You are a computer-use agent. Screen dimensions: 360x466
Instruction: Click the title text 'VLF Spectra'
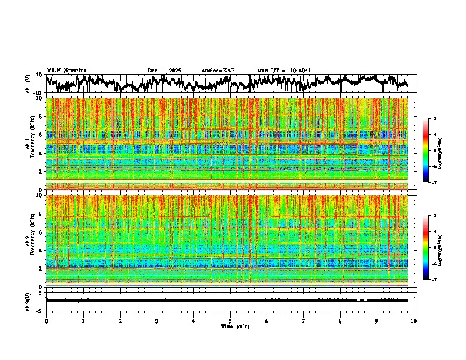point(66,71)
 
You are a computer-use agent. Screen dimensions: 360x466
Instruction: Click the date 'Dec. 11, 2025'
point(164,71)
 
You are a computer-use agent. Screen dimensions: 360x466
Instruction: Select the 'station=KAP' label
point(218,71)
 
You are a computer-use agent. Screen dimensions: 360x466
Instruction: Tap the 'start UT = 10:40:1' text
point(284,71)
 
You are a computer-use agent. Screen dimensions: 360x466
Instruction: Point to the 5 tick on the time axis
point(230,321)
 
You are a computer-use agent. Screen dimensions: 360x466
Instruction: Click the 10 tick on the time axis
point(414,321)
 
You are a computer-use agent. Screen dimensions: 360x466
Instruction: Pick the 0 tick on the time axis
point(46,321)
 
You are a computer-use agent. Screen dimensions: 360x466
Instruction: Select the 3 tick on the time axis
point(157,321)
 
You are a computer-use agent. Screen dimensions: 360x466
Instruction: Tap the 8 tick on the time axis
point(340,321)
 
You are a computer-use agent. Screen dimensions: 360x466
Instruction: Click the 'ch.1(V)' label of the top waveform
point(28,84)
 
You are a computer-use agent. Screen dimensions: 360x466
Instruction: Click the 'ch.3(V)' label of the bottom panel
point(28,301)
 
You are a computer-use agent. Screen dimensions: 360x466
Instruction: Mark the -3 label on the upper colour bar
point(434,119)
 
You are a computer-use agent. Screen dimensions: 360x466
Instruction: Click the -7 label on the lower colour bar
point(434,280)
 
